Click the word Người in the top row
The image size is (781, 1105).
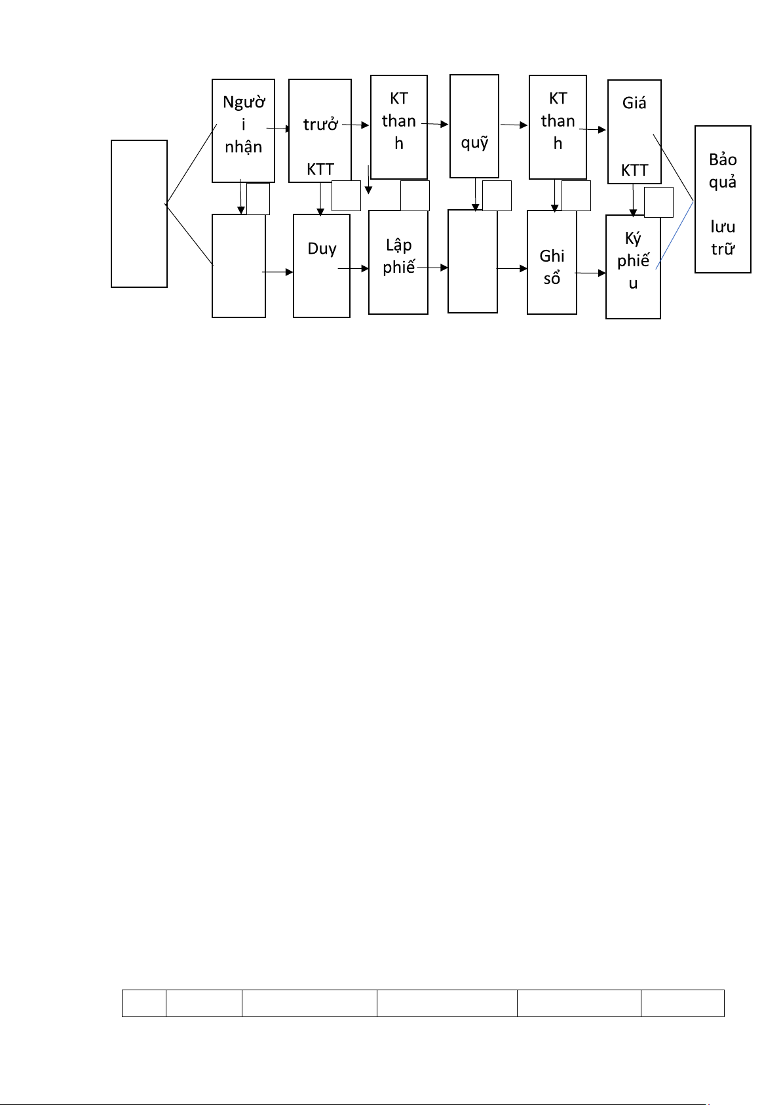(244, 102)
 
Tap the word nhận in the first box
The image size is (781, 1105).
(244, 147)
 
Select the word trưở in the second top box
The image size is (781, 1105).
(320, 125)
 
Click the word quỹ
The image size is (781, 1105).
(474, 142)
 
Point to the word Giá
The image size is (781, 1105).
(634, 102)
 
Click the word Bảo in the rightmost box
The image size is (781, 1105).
(723, 159)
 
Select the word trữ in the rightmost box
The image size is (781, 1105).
(723, 249)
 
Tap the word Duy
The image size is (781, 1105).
(322, 249)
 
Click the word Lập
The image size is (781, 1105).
(398, 245)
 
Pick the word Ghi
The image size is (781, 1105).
(552, 256)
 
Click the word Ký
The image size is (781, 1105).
(633, 239)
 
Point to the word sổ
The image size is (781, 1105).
(552, 279)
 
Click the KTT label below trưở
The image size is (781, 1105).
(320, 170)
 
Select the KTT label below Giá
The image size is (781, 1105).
(634, 171)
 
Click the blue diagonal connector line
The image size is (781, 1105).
(675, 235)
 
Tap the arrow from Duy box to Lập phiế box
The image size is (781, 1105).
(353, 268)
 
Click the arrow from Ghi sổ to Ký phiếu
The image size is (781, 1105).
(590, 273)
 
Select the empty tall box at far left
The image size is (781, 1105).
(139, 214)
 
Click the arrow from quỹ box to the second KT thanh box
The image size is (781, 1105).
(514, 125)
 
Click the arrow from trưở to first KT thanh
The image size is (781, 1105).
(356, 125)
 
